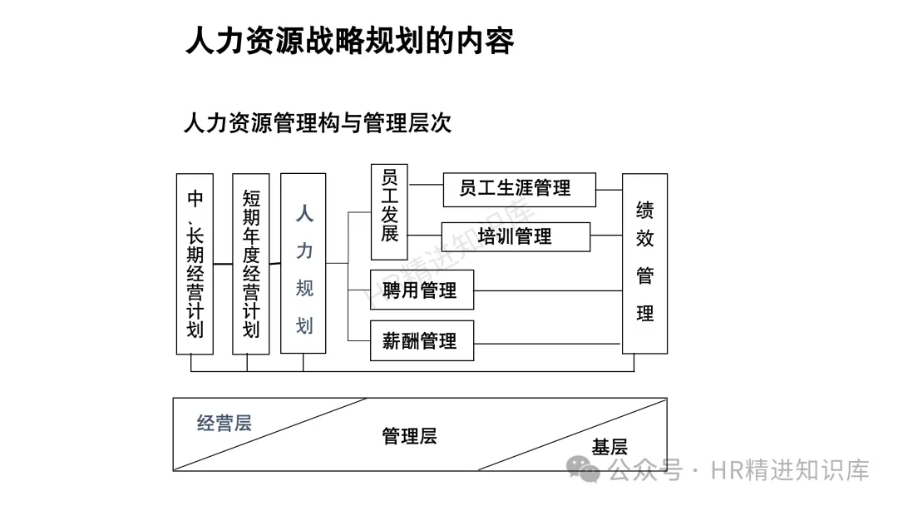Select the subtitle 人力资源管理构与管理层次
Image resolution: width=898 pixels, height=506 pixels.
317,124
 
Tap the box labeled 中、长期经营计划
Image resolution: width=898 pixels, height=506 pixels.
195,264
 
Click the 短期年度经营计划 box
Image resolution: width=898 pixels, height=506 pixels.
251,264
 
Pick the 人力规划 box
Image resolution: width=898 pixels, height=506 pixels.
303,264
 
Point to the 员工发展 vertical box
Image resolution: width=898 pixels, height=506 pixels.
389,212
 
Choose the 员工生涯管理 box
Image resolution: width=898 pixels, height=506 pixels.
519,189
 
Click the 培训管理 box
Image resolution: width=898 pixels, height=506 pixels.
516,236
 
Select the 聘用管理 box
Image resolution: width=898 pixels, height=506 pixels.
422,290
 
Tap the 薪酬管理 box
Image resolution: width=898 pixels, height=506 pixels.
422,340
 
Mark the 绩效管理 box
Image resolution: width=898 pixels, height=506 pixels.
644,264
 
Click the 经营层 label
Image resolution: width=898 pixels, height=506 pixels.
224,424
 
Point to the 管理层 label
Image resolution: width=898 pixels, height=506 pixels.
409,436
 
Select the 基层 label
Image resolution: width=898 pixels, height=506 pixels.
609,447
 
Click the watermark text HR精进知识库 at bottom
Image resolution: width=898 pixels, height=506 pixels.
790,470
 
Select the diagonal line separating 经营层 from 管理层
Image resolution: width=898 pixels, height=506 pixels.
270,434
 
